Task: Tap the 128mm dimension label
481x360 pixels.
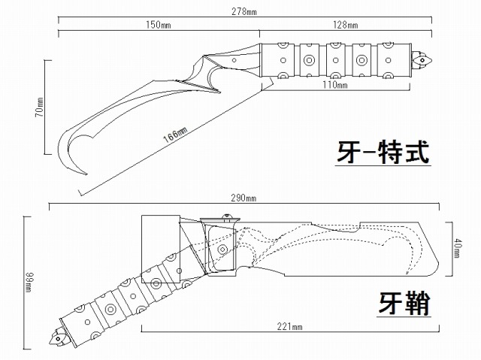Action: point(345,24)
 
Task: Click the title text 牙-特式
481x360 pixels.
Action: point(383,153)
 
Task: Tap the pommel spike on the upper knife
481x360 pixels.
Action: point(425,58)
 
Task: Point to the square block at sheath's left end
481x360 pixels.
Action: point(160,233)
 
